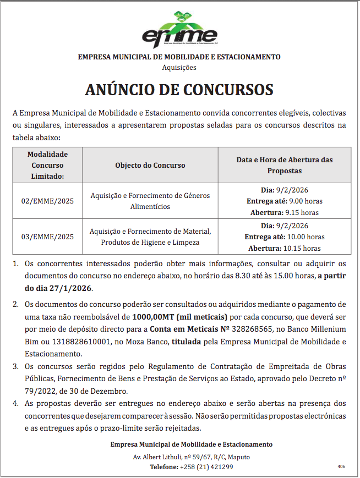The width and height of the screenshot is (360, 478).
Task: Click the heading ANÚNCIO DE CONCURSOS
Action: click(179, 90)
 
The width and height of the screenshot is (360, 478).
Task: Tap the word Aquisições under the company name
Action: click(179, 68)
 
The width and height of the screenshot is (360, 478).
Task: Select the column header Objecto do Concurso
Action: click(150, 165)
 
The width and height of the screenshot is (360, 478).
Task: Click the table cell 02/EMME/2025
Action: click(47, 201)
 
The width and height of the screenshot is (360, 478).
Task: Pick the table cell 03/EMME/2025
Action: click(47, 237)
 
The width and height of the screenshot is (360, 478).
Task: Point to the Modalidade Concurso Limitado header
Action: click(47, 165)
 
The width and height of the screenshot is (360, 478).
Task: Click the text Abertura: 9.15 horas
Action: click(284, 212)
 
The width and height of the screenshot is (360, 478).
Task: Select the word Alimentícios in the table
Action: click(150, 206)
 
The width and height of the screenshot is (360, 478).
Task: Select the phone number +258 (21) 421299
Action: click(206, 467)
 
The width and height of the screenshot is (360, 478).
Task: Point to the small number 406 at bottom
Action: click(341, 466)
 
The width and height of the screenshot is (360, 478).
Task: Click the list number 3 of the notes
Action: click(15, 366)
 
